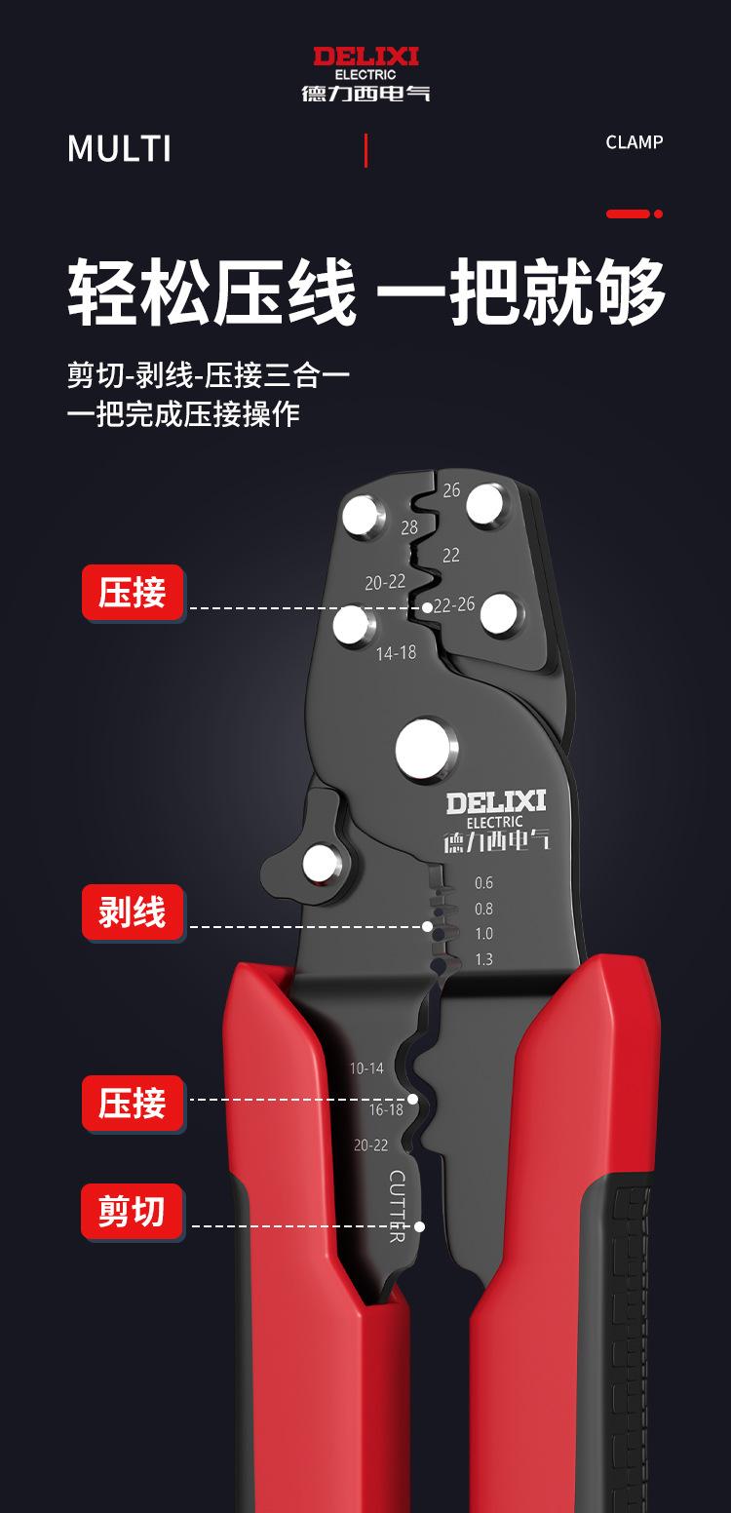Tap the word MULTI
coord(119,149)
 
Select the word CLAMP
coord(634,142)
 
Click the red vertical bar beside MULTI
coord(365,151)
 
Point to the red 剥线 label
coord(133,912)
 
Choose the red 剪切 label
coord(133,1213)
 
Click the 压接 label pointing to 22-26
coord(133,593)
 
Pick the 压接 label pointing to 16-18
coord(133,1104)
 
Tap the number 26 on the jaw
coord(451,490)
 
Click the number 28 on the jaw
coord(409,527)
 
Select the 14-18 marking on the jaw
coord(396,653)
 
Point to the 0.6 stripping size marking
coord(483,883)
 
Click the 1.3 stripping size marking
coord(483,959)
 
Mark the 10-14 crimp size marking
coord(366,1068)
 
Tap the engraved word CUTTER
coord(398,1206)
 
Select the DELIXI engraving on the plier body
coord(496,803)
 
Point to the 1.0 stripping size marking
coord(483,934)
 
